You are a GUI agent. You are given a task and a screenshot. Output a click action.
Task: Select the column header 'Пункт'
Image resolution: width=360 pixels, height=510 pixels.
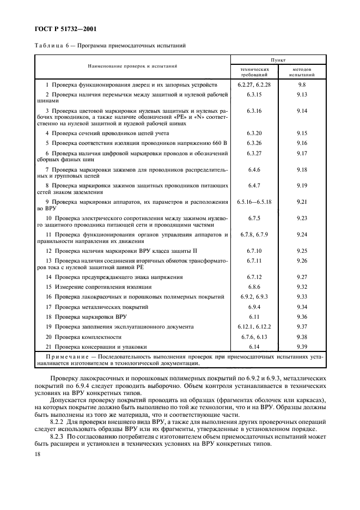pyautogui.click(x=279, y=60)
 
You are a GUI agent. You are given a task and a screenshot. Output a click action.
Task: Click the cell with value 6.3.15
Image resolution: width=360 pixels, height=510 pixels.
pyautogui.click(x=255, y=95)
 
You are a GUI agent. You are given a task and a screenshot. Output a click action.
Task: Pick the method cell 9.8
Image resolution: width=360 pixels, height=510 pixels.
pyautogui.click(x=302, y=86)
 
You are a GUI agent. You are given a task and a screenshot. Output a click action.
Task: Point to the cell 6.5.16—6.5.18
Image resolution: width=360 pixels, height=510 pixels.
pyautogui.click(x=255, y=202)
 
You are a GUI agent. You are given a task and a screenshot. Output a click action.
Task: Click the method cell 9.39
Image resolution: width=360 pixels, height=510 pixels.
pyautogui.click(x=302, y=347)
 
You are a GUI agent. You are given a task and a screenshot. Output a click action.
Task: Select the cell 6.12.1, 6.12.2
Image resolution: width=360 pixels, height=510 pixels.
pyautogui.click(x=255, y=326)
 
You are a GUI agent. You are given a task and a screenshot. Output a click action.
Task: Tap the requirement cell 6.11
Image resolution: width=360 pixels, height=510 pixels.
pyautogui.click(x=255, y=317)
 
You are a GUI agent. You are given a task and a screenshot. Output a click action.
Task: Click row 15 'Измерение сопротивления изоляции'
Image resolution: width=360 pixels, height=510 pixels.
pyautogui.click(x=99, y=287)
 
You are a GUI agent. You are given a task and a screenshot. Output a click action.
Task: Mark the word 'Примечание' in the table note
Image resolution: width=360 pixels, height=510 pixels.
pyautogui.click(x=59, y=356)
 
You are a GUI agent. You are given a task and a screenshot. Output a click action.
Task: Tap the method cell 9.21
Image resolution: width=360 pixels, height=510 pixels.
pyautogui.click(x=302, y=202)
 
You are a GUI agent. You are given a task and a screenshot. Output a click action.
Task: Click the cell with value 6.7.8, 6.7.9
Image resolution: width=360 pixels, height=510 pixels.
pyautogui.click(x=255, y=234)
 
